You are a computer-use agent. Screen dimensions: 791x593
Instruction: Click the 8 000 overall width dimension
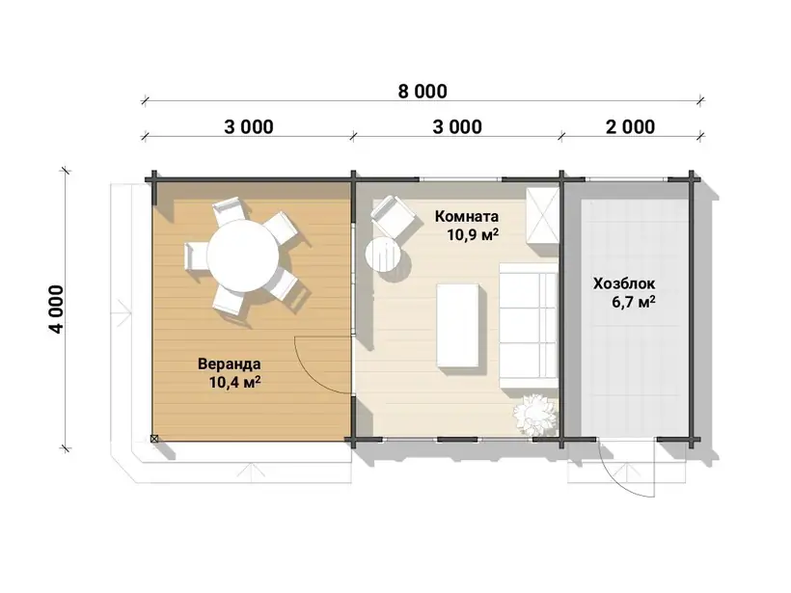click(423, 92)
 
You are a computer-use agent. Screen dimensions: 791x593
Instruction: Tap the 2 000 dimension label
click(630, 126)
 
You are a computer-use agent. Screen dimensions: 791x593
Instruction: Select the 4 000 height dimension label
click(56, 310)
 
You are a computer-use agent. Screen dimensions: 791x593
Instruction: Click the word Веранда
click(229, 364)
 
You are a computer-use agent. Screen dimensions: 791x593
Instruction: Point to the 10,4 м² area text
click(234, 382)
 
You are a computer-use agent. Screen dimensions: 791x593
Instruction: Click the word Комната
click(467, 216)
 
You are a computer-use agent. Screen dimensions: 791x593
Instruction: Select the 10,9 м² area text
click(474, 234)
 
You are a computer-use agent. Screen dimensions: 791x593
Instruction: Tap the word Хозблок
click(624, 283)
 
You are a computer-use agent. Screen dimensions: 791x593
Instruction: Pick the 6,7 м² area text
click(634, 302)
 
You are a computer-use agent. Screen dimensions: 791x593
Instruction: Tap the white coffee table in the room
click(457, 325)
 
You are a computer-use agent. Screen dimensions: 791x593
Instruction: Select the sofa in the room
click(529, 325)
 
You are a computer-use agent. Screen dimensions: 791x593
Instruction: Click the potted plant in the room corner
click(534, 414)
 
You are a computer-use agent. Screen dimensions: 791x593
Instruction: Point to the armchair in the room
click(393, 216)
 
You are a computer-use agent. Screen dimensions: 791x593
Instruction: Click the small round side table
click(383, 255)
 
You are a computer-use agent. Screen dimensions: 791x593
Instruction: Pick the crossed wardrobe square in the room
click(542, 215)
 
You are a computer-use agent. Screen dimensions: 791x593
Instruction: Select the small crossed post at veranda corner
click(154, 439)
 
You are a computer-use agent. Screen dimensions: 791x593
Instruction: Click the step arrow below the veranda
click(251, 472)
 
